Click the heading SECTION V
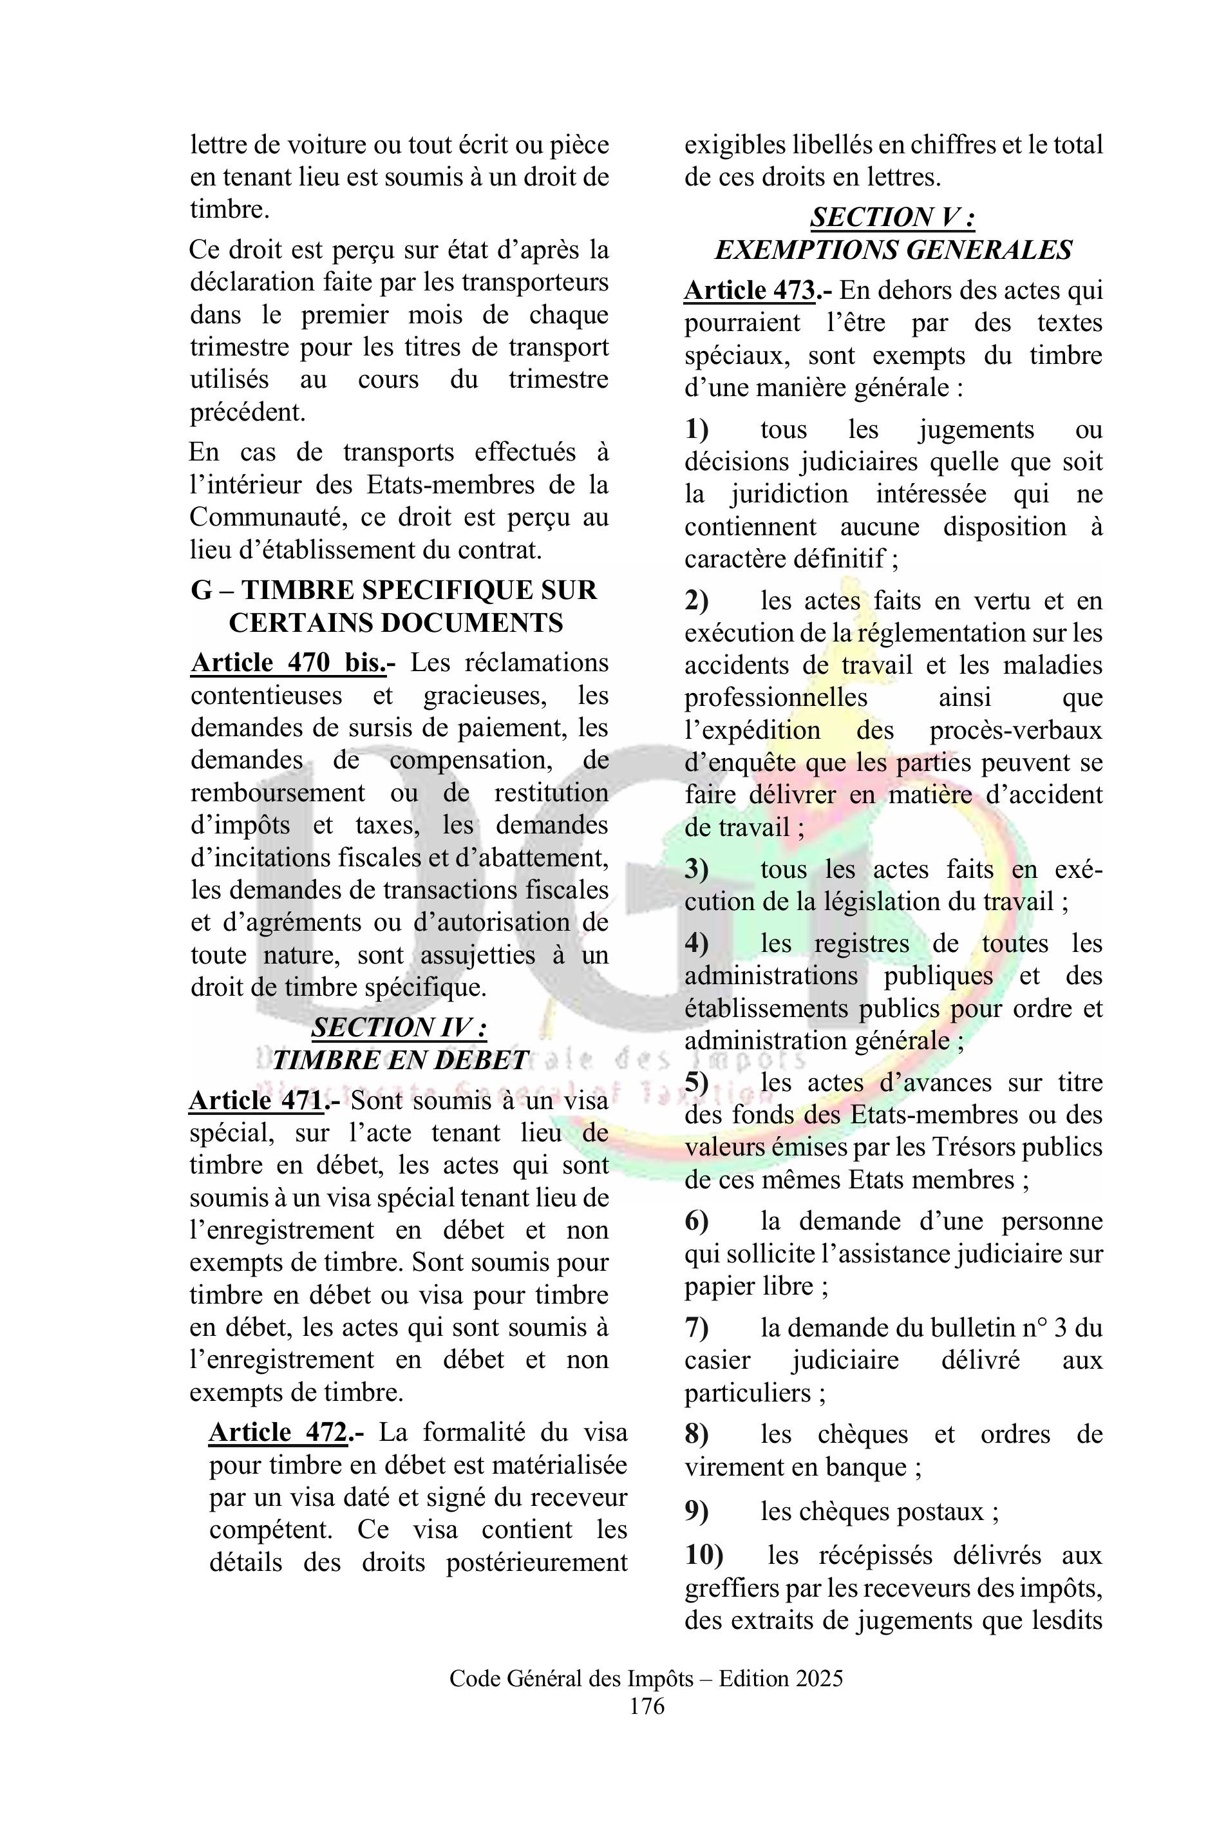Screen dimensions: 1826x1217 pyautogui.click(x=892, y=218)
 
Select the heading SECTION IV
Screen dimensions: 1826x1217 pyautogui.click(x=400, y=1028)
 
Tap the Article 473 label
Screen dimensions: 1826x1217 pyautogui.click(x=749, y=290)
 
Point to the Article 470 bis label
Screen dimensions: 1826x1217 pyautogui.click(x=288, y=663)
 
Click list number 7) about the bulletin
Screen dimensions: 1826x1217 pyautogui.click(x=696, y=1327)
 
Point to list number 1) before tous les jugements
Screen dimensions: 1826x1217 pyautogui.click(x=696, y=430)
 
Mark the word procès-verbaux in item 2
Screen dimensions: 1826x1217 pyautogui.click(x=1015, y=730)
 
